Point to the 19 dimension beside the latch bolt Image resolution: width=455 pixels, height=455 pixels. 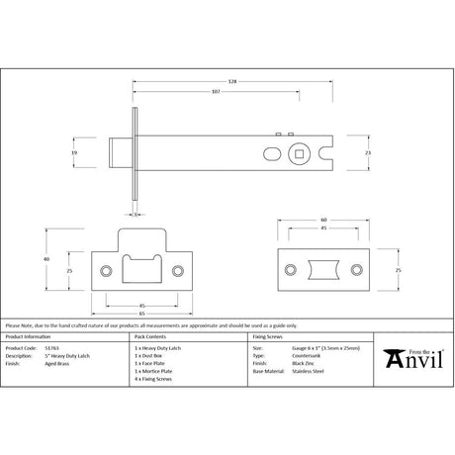tap(87, 153)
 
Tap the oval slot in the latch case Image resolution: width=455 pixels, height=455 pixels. tap(272, 154)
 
